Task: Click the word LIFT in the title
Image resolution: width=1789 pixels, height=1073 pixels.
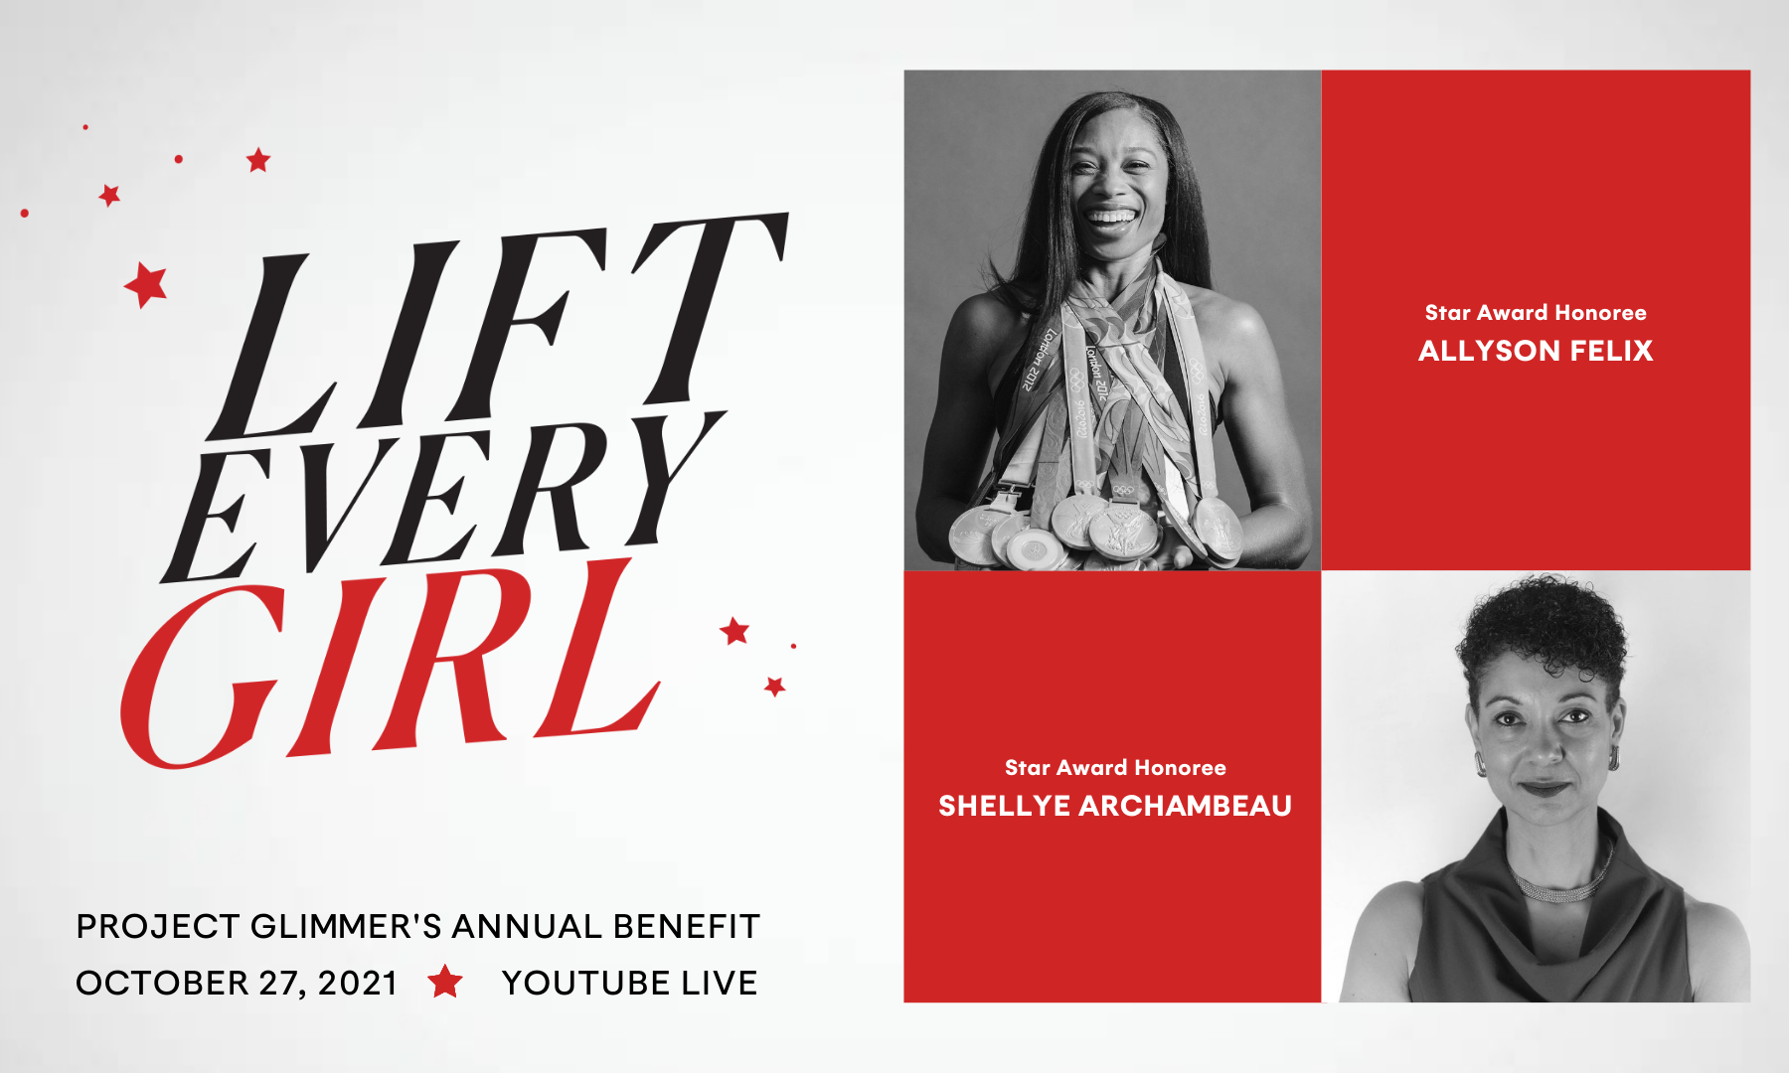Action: [497, 328]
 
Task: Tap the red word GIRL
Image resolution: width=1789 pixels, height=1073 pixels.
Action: [388, 666]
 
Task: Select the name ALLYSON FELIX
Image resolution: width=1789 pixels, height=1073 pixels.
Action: [1536, 351]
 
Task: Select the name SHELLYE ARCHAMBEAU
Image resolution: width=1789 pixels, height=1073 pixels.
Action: [1114, 806]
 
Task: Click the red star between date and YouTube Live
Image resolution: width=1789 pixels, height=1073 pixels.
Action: [445, 982]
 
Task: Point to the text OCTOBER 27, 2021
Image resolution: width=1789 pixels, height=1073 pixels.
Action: [237, 983]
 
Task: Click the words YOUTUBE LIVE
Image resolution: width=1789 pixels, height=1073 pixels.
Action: [629, 983]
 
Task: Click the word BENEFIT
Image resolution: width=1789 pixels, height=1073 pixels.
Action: [686, 926]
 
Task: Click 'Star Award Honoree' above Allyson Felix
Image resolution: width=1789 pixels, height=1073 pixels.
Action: [1536, 313]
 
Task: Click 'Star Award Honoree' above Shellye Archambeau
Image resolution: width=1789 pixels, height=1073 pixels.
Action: [1114, 768]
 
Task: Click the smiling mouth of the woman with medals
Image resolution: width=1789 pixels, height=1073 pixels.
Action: [1110, 216]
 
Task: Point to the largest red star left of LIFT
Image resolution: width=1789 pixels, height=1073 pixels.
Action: [147, 285]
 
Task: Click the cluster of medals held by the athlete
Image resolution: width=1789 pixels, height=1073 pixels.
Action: [1093, 527]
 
